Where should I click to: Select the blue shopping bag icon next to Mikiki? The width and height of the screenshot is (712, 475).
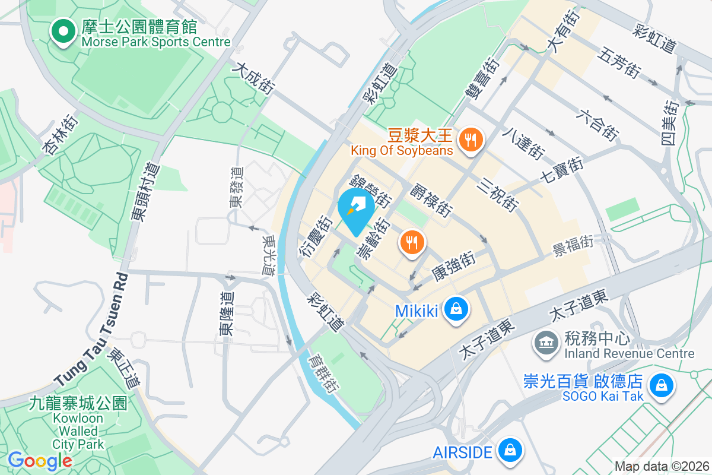456,310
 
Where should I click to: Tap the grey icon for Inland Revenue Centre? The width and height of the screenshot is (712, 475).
545,343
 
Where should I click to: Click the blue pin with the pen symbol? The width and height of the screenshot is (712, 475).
355,211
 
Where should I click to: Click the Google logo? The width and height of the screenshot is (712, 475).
40,461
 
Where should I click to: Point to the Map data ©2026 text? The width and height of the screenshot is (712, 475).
661,466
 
